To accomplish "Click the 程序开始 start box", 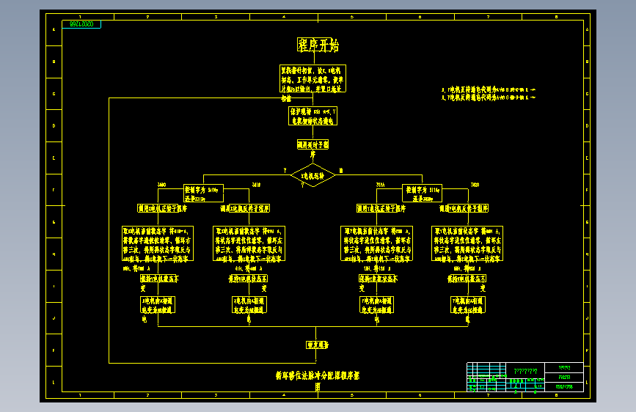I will (318, 45).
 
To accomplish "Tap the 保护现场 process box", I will (312, 116).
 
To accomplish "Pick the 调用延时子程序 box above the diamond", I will (312, 145).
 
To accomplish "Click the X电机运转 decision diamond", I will (313, 175).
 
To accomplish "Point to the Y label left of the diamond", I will (285, 170).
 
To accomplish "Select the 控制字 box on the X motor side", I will (202, 193).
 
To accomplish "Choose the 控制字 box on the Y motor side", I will (424, 193).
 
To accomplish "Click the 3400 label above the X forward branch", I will (162, 184).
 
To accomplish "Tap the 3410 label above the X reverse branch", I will (255, 184).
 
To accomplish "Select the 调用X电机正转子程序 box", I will (162, 208).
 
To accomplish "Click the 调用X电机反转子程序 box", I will (245, 208).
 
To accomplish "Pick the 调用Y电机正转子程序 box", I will (380, 208).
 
